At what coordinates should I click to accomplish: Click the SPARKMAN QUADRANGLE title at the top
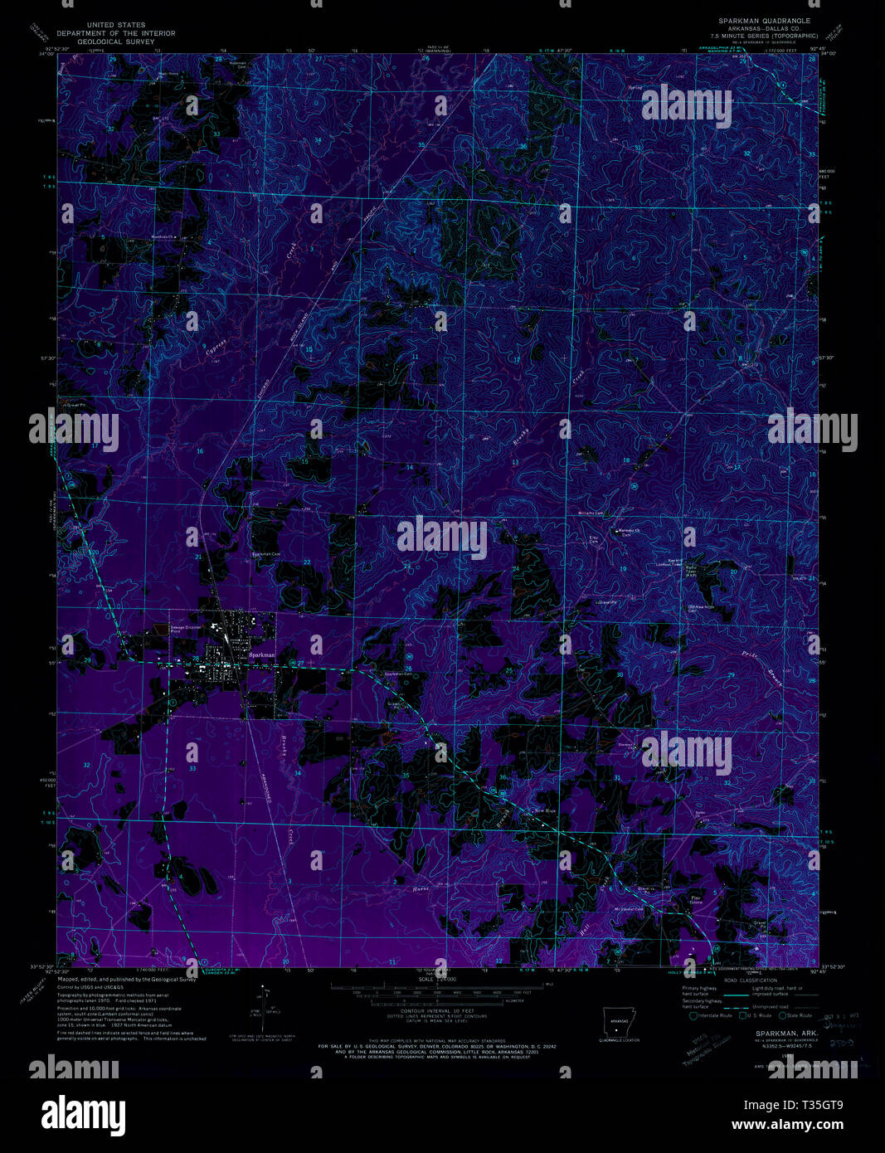[764, 20]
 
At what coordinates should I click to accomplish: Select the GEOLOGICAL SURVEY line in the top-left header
[116, 41]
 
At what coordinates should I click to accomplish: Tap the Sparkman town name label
[262, 655]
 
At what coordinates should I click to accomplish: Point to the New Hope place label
[545, 810]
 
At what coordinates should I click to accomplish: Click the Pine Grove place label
[696, 899]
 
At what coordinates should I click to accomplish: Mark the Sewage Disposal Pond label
[186, 630]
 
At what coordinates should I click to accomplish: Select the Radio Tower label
[691, 567]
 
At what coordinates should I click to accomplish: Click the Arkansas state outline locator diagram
[617, 1024]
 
